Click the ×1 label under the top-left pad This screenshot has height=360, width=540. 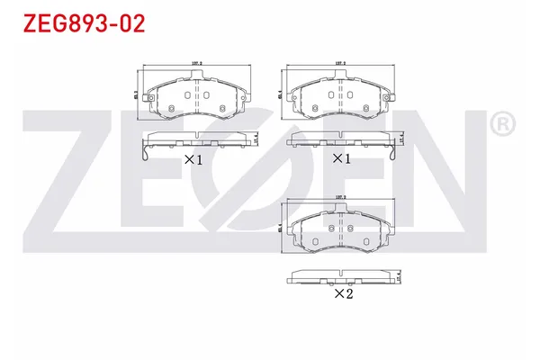point(193,159)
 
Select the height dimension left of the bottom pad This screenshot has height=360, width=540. point(282,228)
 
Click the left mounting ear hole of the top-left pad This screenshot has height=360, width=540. point(167,111)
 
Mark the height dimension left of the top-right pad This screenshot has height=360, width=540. point(282,93)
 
